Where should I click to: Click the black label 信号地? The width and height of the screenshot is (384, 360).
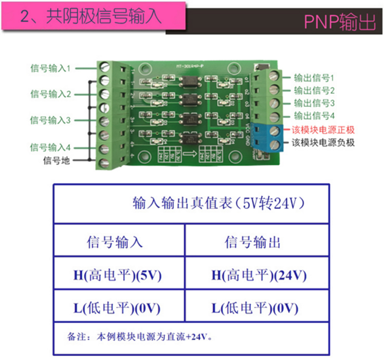57,160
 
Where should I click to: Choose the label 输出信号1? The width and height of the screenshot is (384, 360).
314,78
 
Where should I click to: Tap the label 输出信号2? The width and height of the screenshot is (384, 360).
314,90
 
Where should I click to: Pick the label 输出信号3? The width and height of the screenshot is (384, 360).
314,103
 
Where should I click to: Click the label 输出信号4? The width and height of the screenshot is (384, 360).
314,116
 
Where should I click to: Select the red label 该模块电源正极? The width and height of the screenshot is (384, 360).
323,130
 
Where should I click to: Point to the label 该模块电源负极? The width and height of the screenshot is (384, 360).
323,143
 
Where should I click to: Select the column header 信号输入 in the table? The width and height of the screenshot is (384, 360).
115,242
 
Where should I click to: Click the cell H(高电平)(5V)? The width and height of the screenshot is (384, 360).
118,275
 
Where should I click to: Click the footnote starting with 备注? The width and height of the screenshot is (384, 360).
143,337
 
